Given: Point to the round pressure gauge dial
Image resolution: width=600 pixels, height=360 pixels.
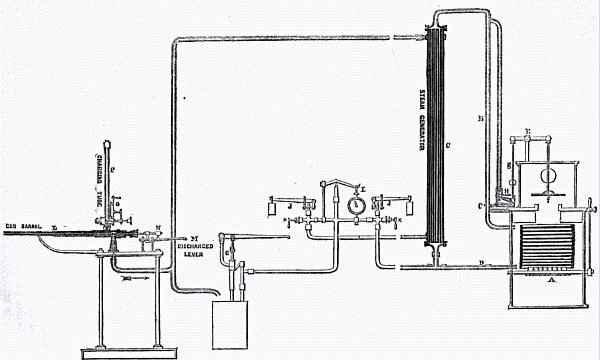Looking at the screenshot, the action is [x=352, y=202].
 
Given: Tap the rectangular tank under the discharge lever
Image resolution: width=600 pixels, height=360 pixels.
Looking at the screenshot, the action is [x=234, y=321].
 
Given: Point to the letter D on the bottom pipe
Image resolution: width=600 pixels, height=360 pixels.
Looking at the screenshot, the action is [x=481, y=262].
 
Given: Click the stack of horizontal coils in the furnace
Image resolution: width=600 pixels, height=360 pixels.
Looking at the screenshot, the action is [x=544, y=244].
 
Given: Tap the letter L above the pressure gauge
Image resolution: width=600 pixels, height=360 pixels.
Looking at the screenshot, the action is [x=363, y=187].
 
